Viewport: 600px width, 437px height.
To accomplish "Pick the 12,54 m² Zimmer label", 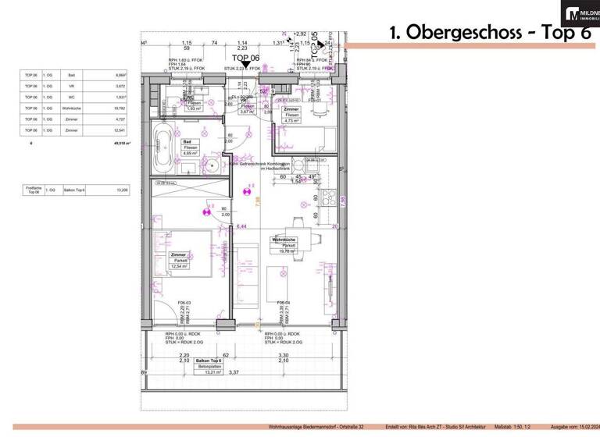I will point(181,260).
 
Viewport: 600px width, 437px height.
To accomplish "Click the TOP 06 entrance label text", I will point(245,59).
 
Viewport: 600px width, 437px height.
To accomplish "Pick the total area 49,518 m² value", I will point(120,144).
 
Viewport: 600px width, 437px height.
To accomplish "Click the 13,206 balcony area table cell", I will point(121,189).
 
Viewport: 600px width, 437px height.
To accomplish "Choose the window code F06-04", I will point(273,302).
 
